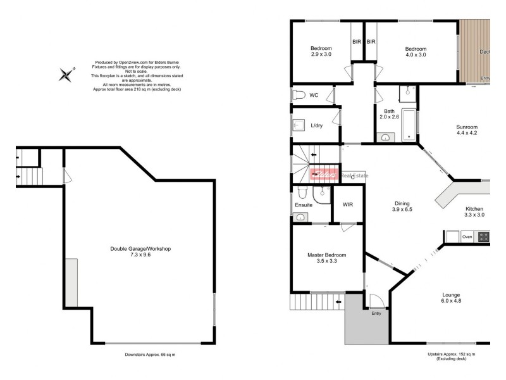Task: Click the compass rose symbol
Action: pyautogui.click(x=66, y=75)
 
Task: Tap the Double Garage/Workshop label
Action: pyautogui.click(x=140, y=252)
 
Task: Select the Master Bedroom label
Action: pyautogui.click(x=326, y=258)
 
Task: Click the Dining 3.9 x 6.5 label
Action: pyautogui.click(x=402, y=206)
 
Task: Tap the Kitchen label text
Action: pyautogui.click(x=474, y=212)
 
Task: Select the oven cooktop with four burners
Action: pyautogui.click(x=483, y=237)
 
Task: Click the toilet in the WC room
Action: pyautogui.click(x=299, y=95)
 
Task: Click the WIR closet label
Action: pyautogui.click(x=347, y=205)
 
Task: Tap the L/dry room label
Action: pyautogui.click(x=316, y=125)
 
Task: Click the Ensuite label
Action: pyautogui.click(x=303, y=205)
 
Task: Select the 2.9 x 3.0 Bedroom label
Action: pyautogui.click(x=321, y=51)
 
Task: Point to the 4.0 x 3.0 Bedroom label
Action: pyautogui.click(x=416, y=51)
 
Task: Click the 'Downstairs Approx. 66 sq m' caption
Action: pyautogui.click(x=150, y=355)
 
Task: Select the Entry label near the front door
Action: pyautogui.click(x=376, y=313)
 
